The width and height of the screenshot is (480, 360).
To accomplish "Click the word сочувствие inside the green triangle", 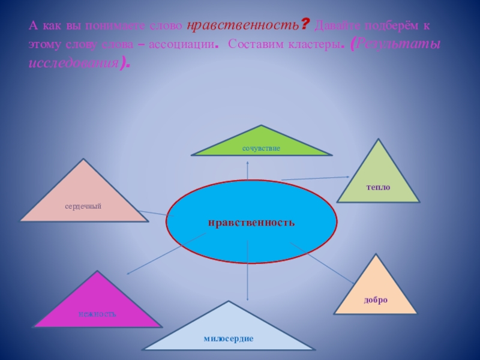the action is (262, 148).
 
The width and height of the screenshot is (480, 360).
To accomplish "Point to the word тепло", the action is (379, 188).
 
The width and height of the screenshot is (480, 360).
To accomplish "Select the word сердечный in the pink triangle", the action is (83, 206).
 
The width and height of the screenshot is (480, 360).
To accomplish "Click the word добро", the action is (376, 299).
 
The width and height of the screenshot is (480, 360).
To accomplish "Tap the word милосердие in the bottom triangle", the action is (229, 339).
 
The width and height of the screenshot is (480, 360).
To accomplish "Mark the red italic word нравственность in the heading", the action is (243, 26).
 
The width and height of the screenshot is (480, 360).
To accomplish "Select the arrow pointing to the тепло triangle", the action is (315, 178).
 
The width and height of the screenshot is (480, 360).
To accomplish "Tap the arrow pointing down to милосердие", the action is (247, 270).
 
